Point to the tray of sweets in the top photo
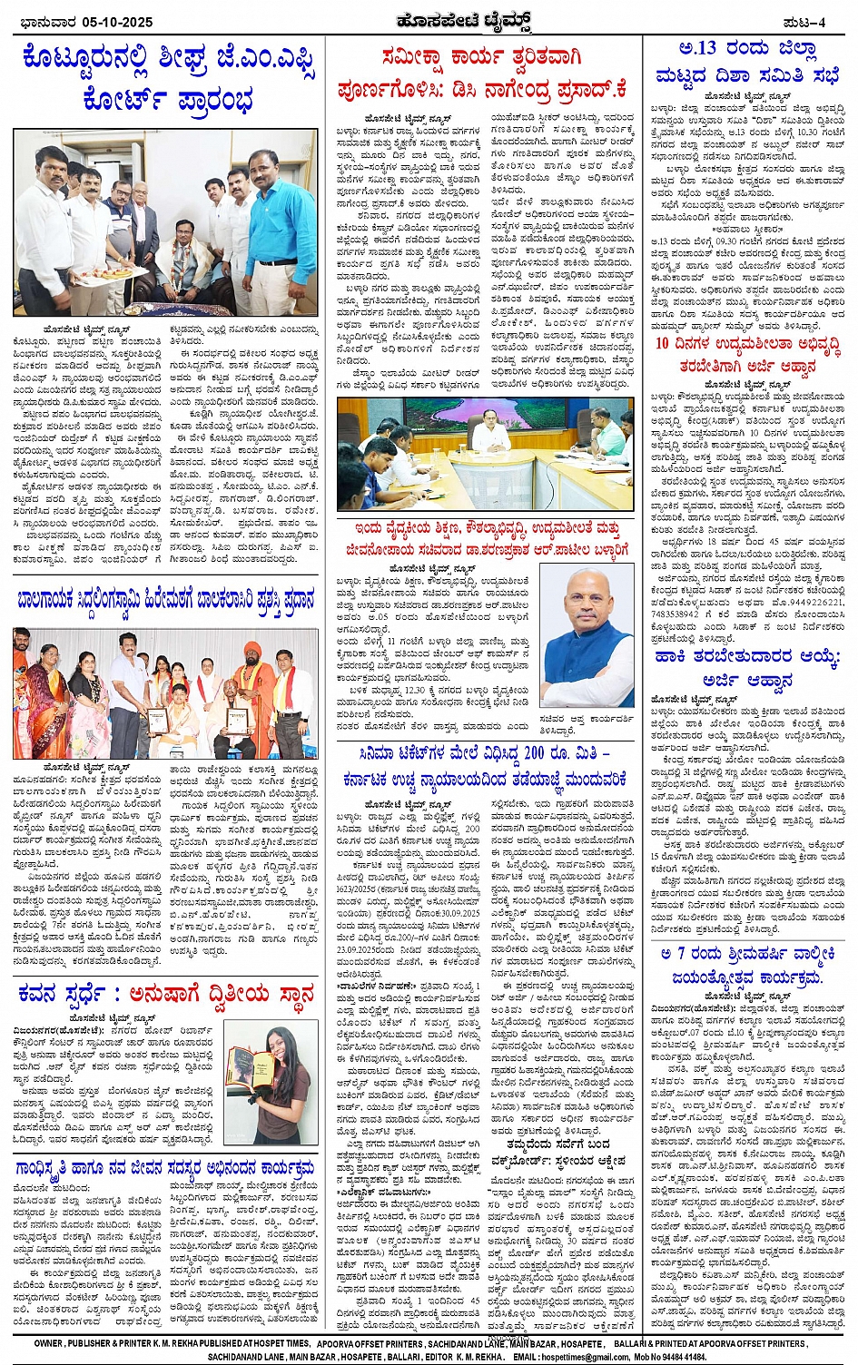[100, 272]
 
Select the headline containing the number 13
[748, 62]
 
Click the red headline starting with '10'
[748, 355]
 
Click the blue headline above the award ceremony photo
[166, 602]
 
